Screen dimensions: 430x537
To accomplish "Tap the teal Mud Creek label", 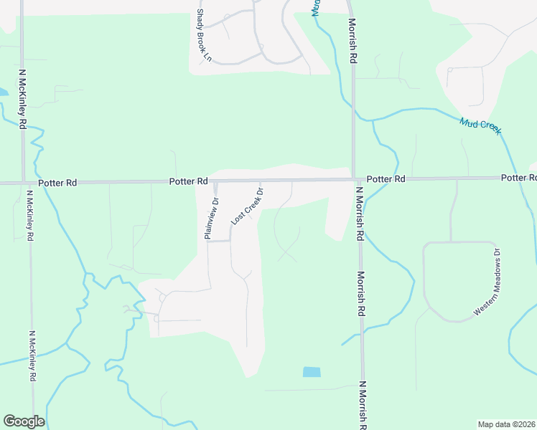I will pos(480,127).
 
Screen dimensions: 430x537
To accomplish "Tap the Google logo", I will pos(24,421).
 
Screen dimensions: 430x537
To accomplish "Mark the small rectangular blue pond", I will pos(312,372).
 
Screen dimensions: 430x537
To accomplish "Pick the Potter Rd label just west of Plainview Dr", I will pos(188,182).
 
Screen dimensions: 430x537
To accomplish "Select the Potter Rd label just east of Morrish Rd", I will pos(386,178).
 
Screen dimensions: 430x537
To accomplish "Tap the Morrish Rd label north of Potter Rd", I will pos(354,48).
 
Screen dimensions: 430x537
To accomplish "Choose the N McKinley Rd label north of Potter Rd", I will pos(23,99).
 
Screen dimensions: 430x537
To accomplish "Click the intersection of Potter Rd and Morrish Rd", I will pos(354,179).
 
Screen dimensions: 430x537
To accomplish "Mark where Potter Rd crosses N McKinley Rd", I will pos(24,183).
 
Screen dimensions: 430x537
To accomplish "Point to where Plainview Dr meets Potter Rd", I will pos(215,181).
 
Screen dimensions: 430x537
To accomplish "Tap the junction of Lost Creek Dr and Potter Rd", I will pos(260,181).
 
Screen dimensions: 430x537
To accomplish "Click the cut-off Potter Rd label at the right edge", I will pos(518,177).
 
